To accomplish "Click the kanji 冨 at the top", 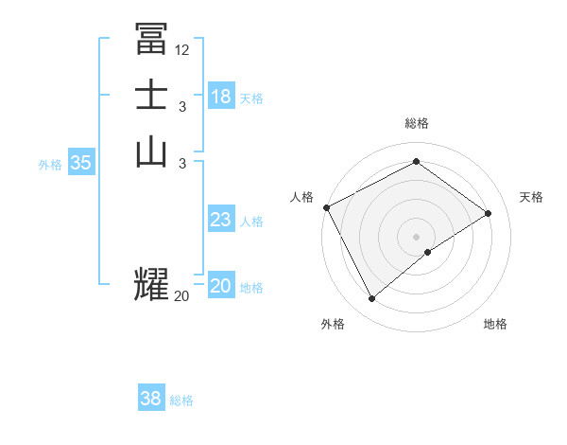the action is pos(151,39).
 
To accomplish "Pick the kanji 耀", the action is pos(151,284).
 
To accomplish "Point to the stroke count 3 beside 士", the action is pos(182,107).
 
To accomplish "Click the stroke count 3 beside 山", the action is pos(182,164).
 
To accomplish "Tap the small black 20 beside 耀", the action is pos(182,296).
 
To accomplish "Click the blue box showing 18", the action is pos(221,96).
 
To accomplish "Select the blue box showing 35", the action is pos(81,163).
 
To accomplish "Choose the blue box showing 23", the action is pos(221,220).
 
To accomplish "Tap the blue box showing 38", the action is pos(151,399).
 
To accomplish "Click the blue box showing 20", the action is pos(221,286).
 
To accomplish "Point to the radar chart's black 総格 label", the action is pos(417,123).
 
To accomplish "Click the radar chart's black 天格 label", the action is pos(532,197).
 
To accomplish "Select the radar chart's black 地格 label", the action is pos(495,324).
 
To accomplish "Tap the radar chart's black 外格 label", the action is pos(333,324).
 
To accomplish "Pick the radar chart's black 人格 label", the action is pos(301,197).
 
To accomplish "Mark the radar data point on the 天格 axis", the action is pos(489,213).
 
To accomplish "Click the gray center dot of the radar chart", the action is pos(417,236).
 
